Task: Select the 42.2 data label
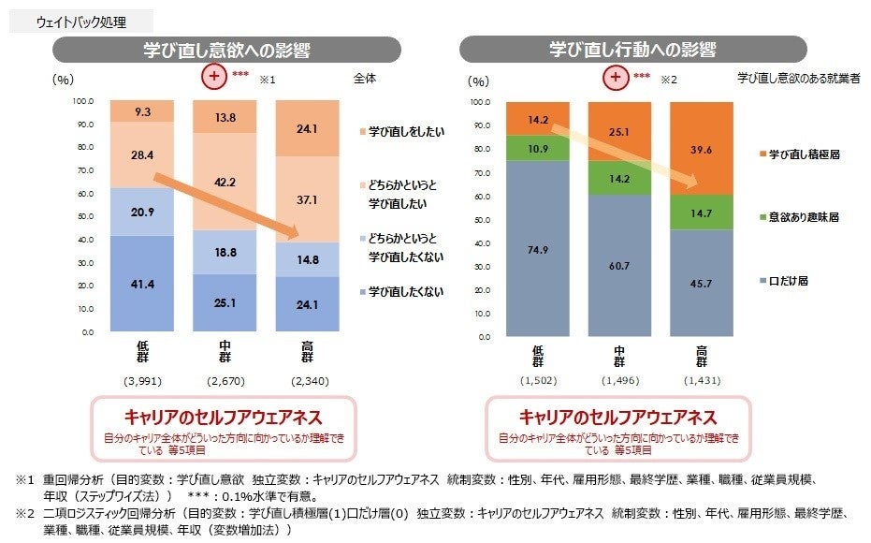225,183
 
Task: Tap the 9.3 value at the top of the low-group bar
143,111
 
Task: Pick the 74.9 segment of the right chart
537,249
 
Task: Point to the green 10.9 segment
537,149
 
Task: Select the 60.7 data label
620,266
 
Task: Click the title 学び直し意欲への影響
227,50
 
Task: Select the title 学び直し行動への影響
632,50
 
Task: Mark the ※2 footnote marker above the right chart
668,80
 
